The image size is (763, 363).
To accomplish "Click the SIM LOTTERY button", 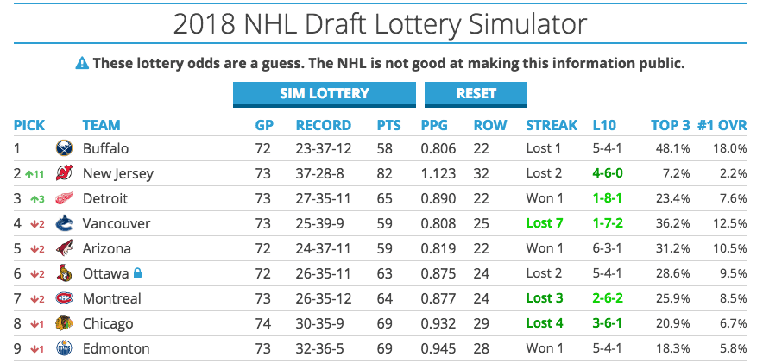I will tap(324, 93).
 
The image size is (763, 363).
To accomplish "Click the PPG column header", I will tap(435, 125).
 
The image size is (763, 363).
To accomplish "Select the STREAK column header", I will tap(552, 125).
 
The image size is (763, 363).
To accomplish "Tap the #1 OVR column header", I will tap(722, 125).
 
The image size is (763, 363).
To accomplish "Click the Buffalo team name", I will tap(105, 148).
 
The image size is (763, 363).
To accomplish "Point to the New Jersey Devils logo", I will tap(65, 173).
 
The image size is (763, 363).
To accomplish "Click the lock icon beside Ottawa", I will tap(137, 273).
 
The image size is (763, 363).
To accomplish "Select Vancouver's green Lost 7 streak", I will tap(545, 223).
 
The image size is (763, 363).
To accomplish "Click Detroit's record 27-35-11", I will tap(323, 198).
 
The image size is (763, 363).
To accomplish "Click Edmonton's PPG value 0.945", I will tap(438, 348).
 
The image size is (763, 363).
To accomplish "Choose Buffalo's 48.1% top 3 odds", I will tap(672, 148).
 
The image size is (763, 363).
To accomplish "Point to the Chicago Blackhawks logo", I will tap(65, 323).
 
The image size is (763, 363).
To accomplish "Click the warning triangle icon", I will tap(82, 63).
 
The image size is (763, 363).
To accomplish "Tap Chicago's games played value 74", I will tap(263, 323).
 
